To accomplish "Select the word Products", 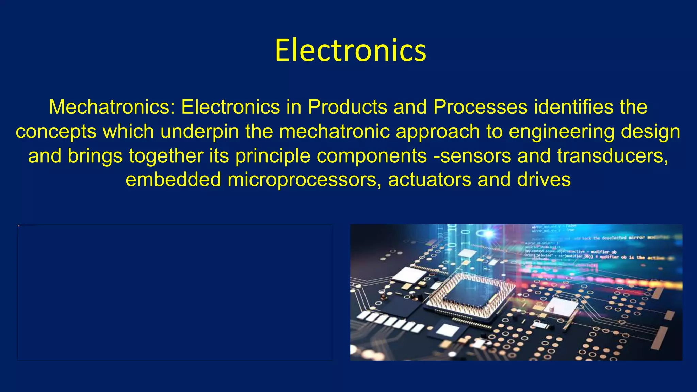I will pos(347,107).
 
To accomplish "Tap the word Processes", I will pos(480,107).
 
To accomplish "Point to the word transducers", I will pos(613,156).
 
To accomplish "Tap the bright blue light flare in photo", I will pos(488,233).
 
